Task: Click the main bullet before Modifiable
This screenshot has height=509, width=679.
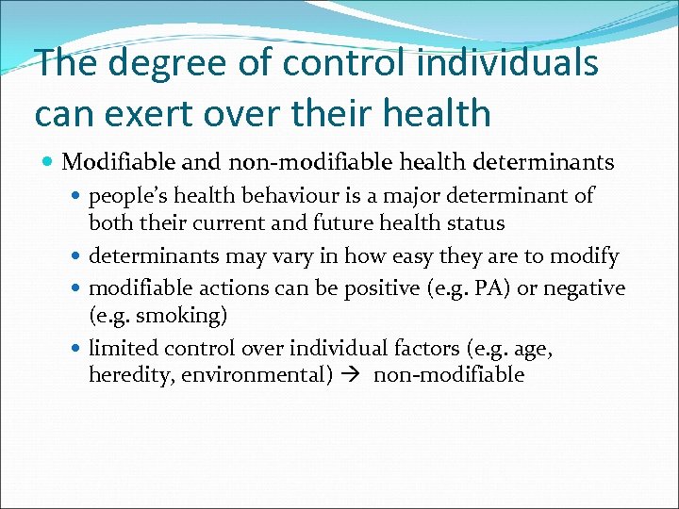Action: point(47,163)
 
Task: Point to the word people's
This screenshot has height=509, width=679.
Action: point(126,196)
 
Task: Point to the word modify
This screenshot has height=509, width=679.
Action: point(585,255)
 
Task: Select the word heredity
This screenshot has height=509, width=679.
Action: point(126,375)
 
